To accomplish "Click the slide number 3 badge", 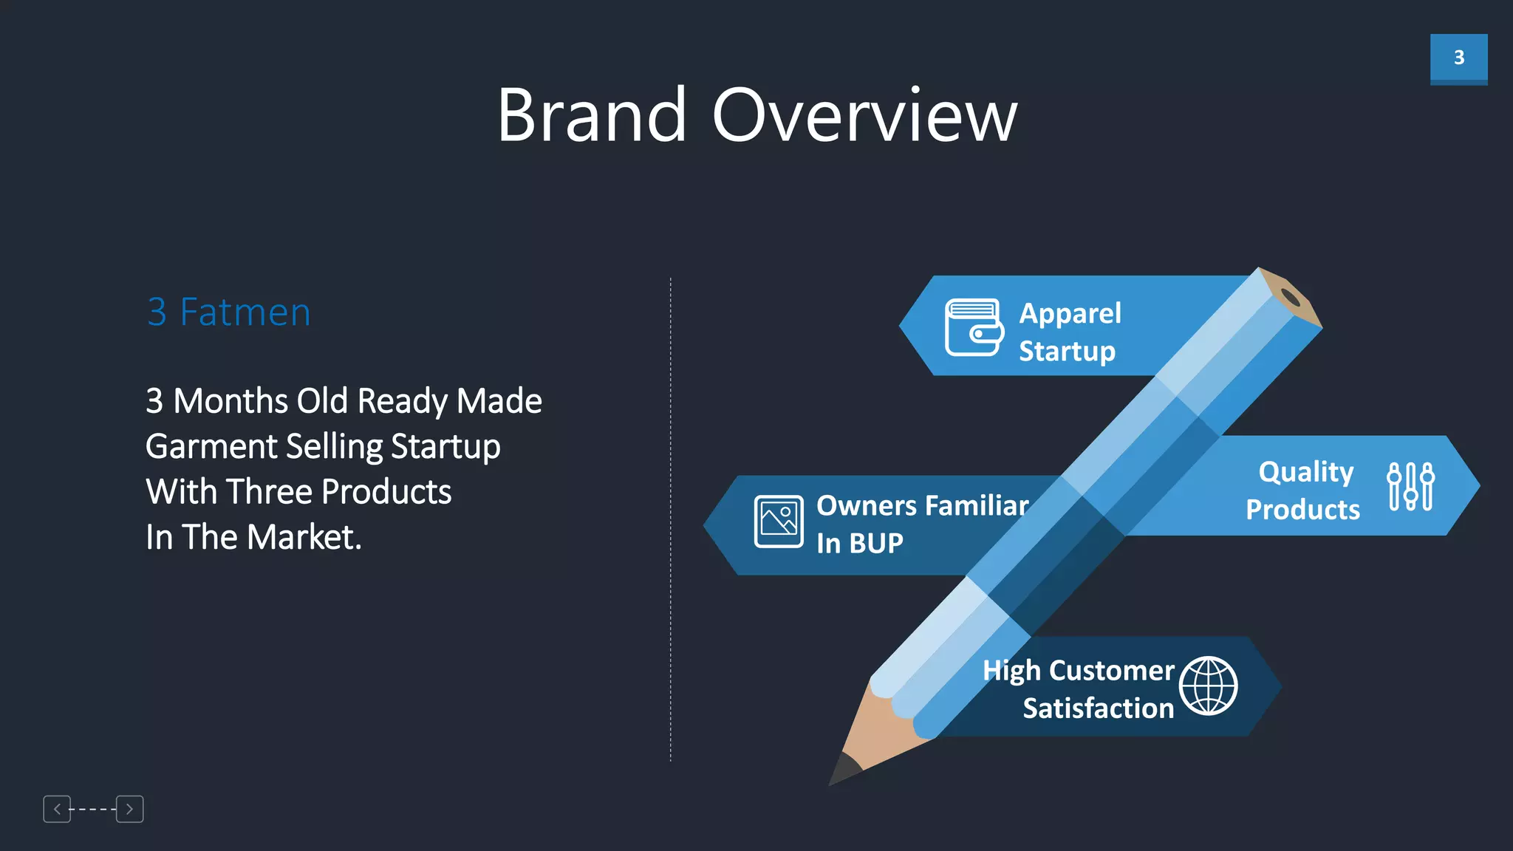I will pos(1458,58).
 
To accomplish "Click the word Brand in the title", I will pos(592,115).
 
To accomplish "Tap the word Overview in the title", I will pos(864,115).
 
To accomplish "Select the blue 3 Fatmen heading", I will pos(229,312).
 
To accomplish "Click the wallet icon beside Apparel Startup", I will pos(974,327).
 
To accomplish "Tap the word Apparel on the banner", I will pos(1070,313).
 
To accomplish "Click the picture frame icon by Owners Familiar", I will pos(779,522).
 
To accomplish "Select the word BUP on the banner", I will pos(876,544).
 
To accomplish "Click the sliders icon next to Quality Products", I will pos(1410,486).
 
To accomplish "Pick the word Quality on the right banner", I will pos(1305,471).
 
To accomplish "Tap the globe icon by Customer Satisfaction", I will pos(1208,686).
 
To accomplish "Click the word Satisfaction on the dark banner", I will pos(1098,708).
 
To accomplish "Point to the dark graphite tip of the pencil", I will pos(842,770).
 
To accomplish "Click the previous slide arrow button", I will pos(57,809).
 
